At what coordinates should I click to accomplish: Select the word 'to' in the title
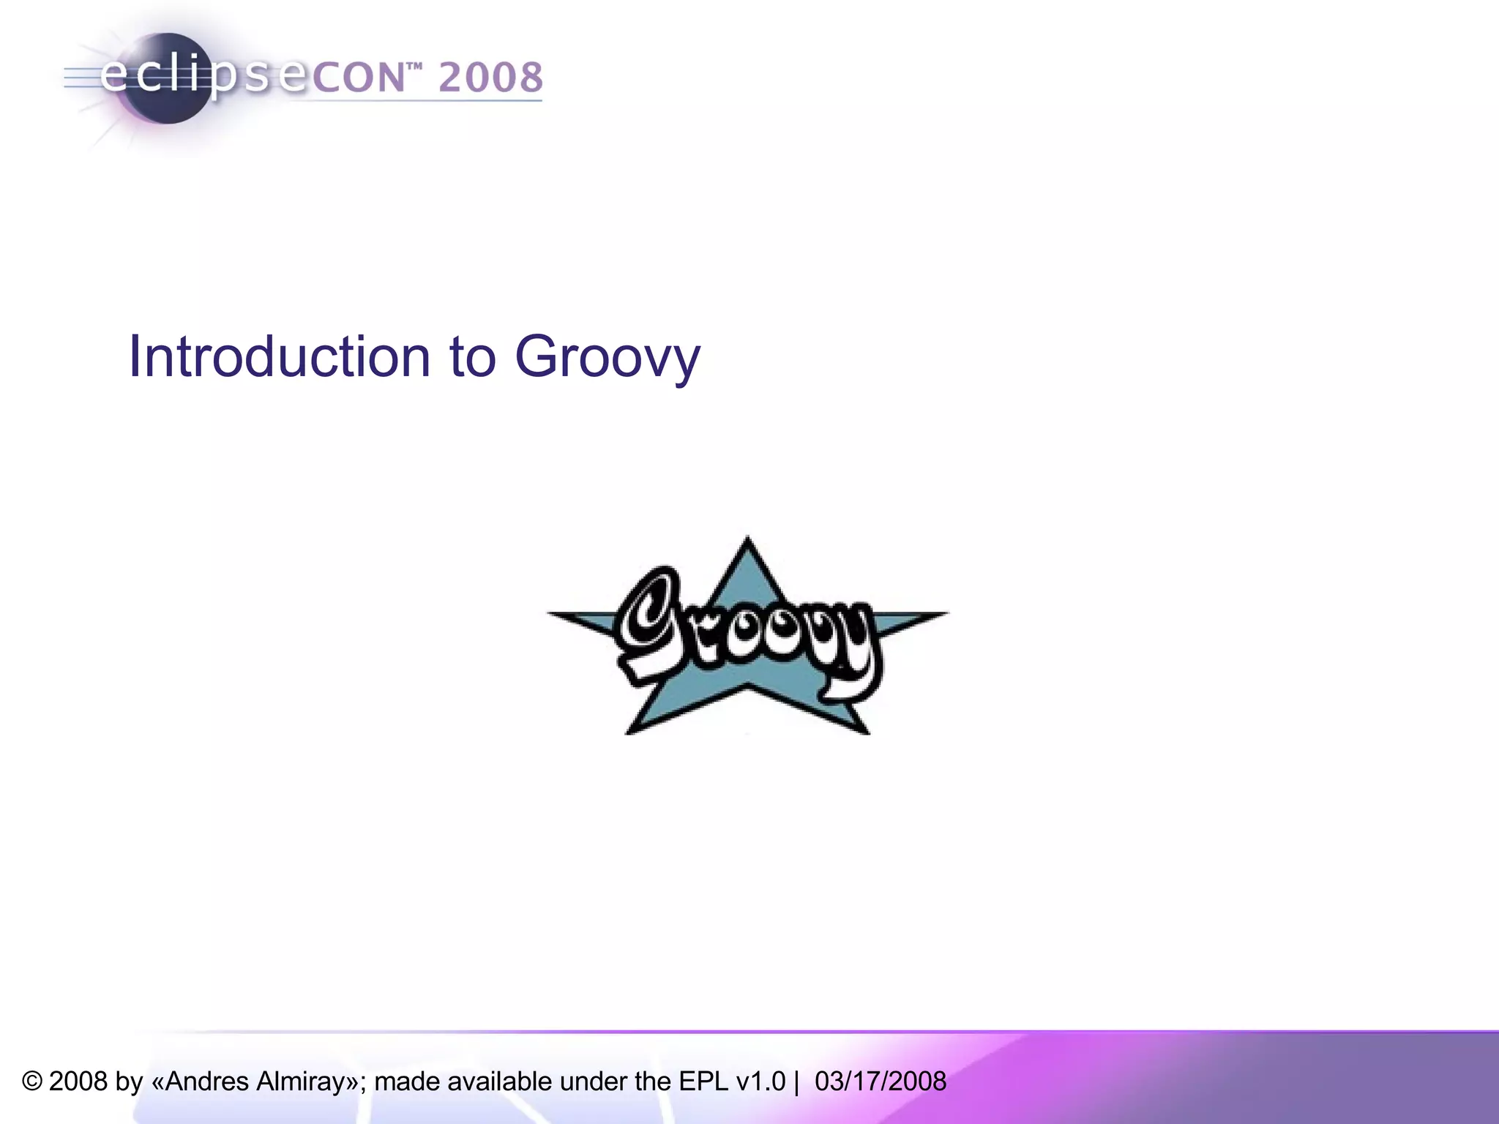(x=473, y=357)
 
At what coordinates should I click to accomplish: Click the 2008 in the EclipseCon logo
(x=491, y=78)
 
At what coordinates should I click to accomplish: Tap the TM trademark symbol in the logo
(x=414, y=68)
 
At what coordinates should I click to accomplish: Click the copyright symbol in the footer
(x=32, y=1082)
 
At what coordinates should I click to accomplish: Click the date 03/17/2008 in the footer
(x=880, y=1082)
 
